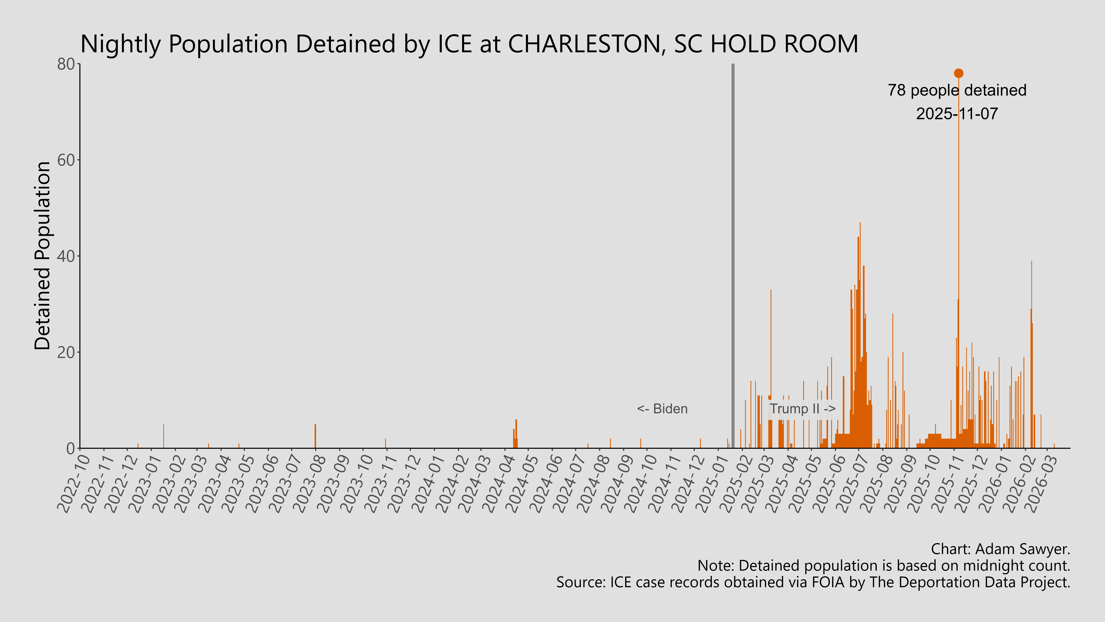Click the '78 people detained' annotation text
(x=957, y=91)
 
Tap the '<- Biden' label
(x=662, y=409)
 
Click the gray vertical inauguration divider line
(x=733, y=258)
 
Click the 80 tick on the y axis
(x=67, y=64)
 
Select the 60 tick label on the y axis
(x=67, y=160)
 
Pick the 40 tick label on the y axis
(x=67, y=256)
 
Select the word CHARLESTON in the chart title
(x=584, y=44)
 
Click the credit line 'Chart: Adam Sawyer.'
(x=1000, y=549)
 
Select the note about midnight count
(x=884, y=566)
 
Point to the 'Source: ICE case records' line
(x=813, y=582)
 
